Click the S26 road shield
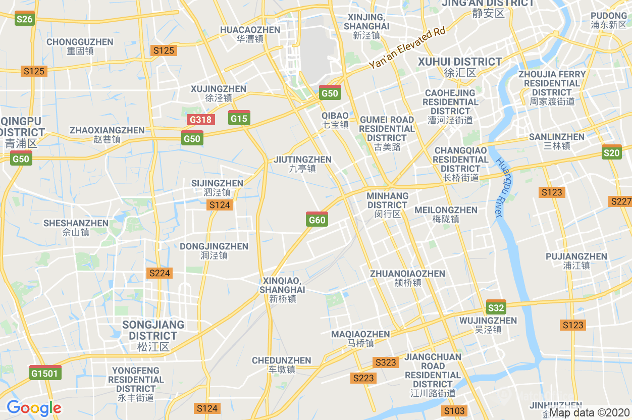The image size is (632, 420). point(24,19)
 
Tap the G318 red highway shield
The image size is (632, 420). point(201,120)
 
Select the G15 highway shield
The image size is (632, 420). point(239,118)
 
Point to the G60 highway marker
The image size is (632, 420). point(317,219)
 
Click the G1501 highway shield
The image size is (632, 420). point(45,373)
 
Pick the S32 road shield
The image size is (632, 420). point(496,307)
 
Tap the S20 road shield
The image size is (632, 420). point(611,152)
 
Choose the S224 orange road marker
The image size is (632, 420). point(160,273)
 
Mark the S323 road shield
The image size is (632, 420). point(385,362)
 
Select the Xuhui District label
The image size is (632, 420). point(460,67)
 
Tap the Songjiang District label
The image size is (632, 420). point(153,335)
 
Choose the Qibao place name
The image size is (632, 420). point(335,120)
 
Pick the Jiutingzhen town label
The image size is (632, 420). point(302,164)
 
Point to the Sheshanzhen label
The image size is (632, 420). point(76,227)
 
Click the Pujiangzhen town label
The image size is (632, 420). point(576,260)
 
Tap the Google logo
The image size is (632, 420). point(34,408)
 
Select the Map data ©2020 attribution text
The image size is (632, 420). point(589,413)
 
